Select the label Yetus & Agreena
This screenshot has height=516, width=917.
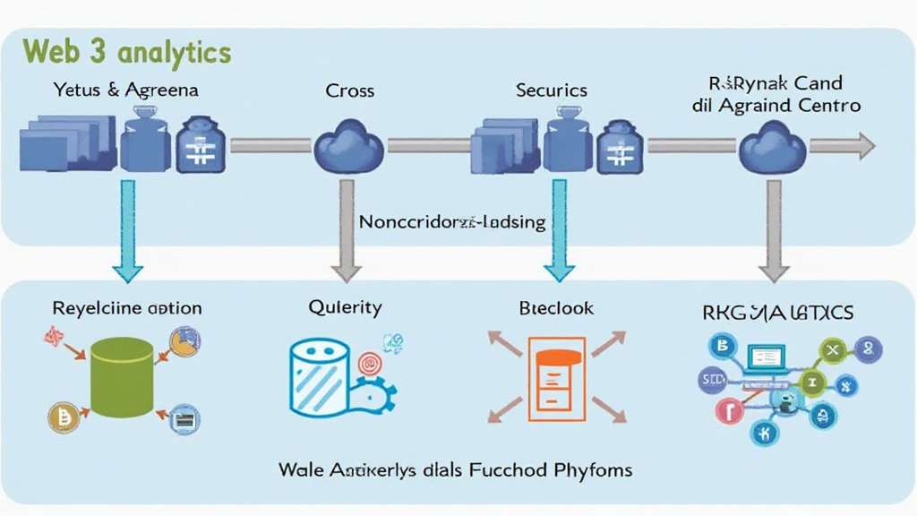pos(125,90)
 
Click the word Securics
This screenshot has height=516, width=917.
pos(552,90)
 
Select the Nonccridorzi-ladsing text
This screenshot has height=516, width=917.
pos(451,221)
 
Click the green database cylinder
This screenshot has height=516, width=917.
pos(122,380)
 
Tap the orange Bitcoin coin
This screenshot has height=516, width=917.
pos(64,417)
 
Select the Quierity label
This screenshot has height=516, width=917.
pos(345,307)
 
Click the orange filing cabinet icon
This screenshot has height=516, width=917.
pos(556,377)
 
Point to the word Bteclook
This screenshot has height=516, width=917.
pos(555,307)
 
